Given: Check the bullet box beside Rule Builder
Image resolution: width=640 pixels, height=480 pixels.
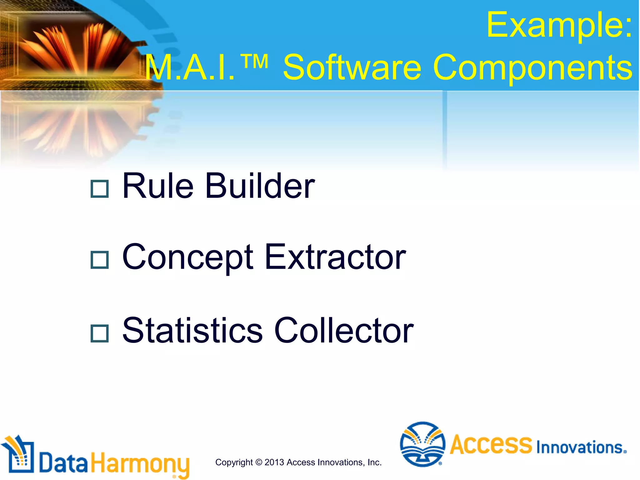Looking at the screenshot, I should point(99,189).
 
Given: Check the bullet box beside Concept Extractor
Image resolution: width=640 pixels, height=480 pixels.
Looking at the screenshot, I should point(99,260).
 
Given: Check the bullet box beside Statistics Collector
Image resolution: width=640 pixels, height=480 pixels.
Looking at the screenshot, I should point(99,333).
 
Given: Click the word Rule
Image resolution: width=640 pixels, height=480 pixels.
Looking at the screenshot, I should point(158,186).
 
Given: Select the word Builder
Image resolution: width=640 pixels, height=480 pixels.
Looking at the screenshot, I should point(260,186).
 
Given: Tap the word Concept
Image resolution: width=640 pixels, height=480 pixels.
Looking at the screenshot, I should point(187,258).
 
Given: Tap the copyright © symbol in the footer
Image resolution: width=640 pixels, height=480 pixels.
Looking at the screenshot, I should point(258,462).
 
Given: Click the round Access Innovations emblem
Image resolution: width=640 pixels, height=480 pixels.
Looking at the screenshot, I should point(422,444).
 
